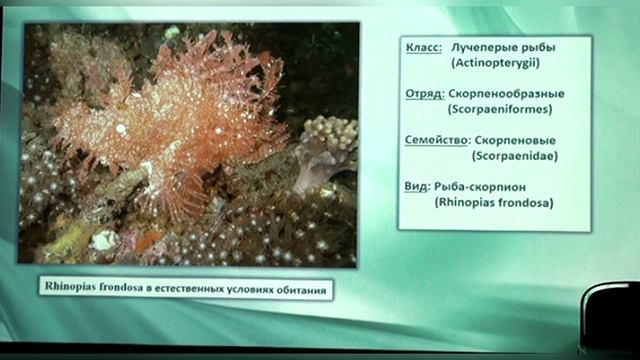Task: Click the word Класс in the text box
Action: [425, 49]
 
